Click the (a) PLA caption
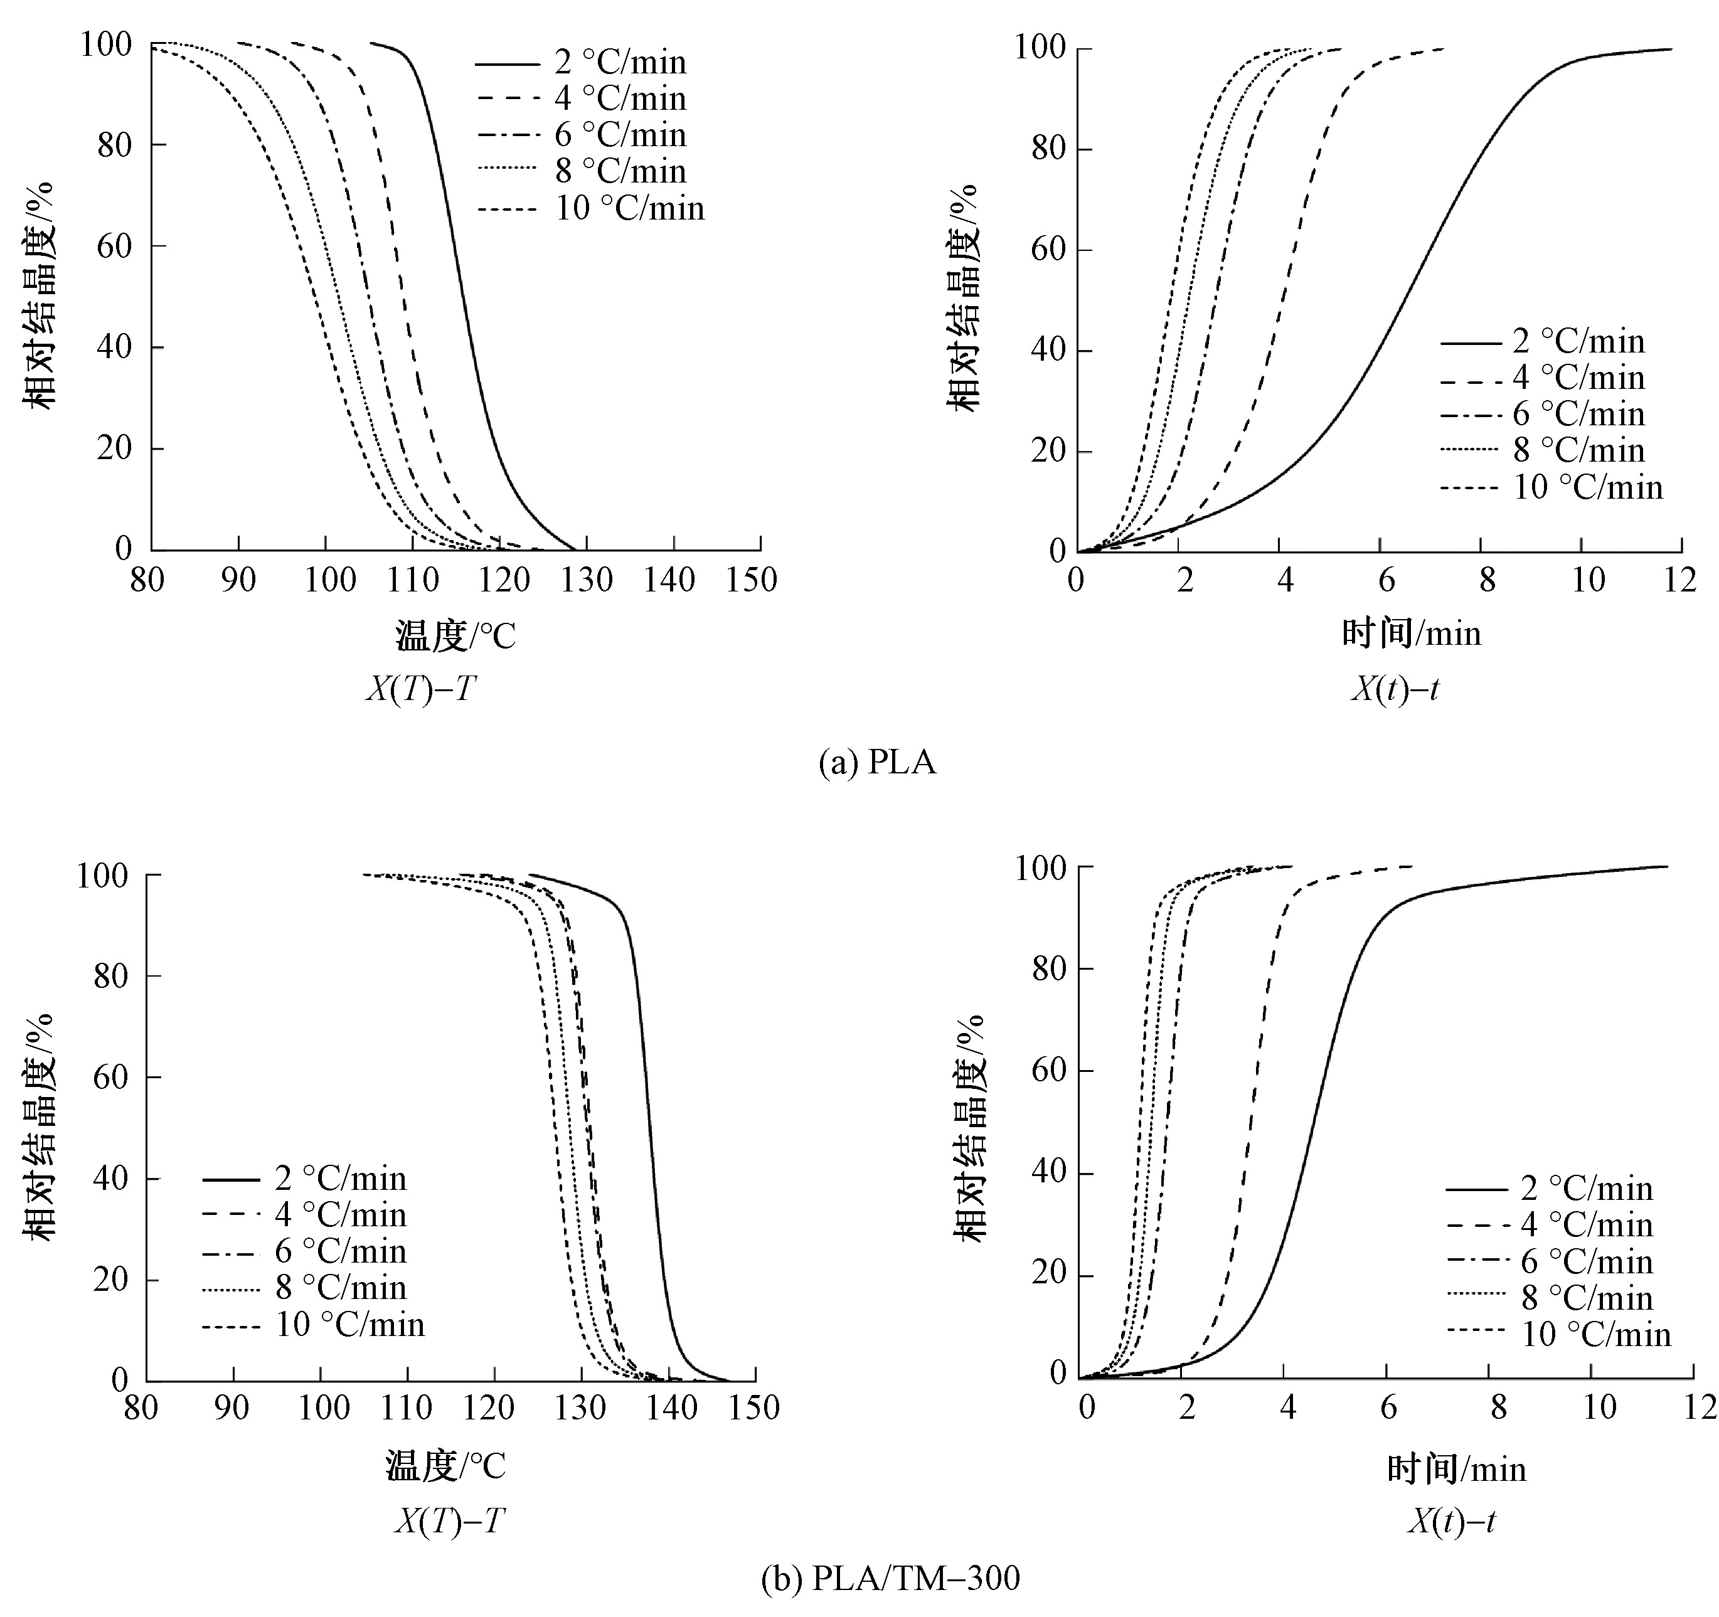[877, 763]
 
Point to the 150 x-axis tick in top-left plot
[752, 580]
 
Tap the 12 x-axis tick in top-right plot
[1680, 580]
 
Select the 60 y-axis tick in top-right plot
[1048, 250]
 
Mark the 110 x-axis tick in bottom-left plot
[407, 1409]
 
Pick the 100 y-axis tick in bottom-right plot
[1042, 867]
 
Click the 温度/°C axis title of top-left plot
[455, 637]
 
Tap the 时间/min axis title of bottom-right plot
[1456, 1469]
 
